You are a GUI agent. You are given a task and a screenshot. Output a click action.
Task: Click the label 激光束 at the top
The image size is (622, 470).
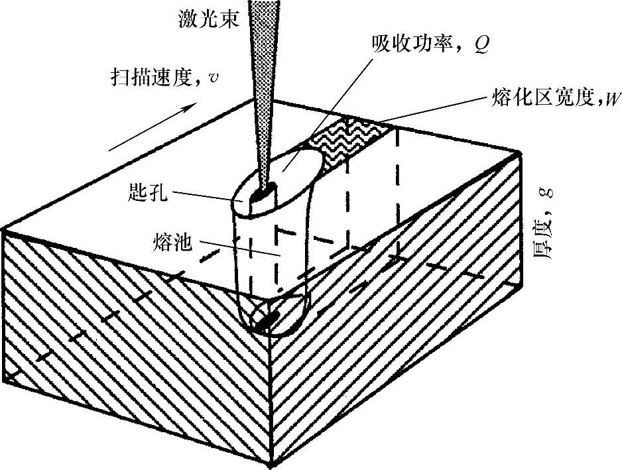pyautogui.click(x=203, y=19)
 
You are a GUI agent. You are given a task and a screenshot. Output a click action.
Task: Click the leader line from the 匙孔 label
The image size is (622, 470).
pyautogui.click(x=206, y=195)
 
